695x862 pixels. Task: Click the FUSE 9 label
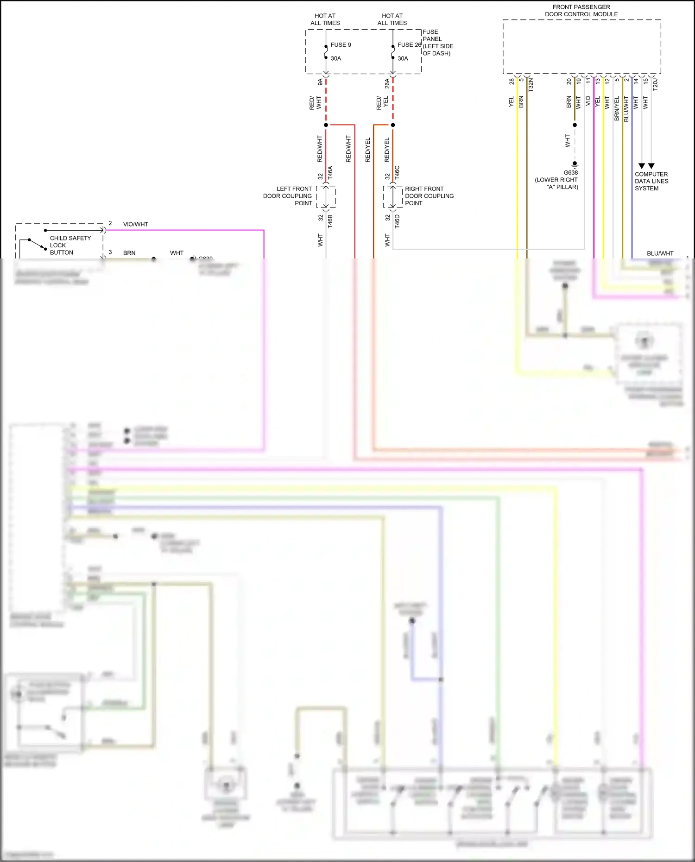point(341,45)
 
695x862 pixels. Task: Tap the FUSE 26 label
point(409,45)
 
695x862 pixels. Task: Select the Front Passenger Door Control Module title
point(581,11)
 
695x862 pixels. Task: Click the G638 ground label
point(570,173)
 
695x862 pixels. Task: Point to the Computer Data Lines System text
point(651,181)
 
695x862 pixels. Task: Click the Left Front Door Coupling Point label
point(288,196)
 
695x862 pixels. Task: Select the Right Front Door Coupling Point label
point(429,196)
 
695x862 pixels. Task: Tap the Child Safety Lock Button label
point(70,245)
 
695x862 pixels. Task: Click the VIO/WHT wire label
point(135,224)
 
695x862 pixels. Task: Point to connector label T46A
point(330,173)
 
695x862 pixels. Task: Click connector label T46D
point(397,221)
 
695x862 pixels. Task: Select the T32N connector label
point(531,84)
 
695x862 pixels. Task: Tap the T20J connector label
point(655,84)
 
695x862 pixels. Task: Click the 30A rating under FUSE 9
point(336,58)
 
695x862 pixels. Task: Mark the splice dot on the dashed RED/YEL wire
point(393,125)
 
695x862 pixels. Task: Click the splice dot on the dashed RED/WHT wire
point(326,125)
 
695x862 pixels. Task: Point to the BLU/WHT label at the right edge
point(660,253)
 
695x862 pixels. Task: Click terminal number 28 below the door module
point(512,82)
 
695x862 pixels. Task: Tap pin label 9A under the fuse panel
point(320,82)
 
